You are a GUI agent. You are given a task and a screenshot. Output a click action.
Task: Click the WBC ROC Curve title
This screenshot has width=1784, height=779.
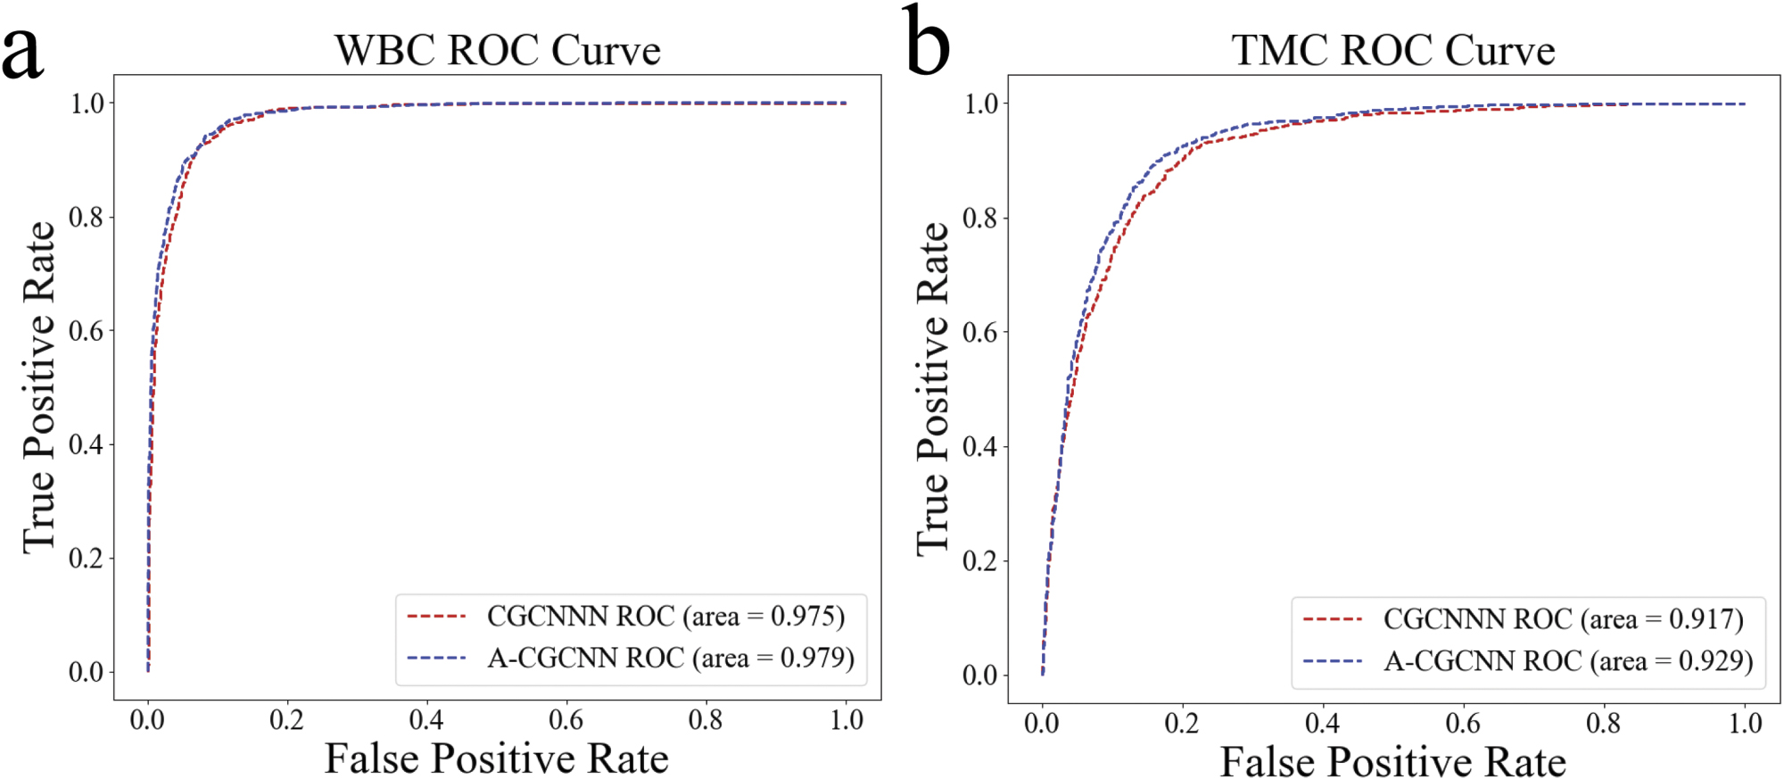498,50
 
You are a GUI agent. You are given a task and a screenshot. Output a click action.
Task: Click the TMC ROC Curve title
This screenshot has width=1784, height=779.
1393,50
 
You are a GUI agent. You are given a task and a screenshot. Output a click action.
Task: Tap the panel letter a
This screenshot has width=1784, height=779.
22,51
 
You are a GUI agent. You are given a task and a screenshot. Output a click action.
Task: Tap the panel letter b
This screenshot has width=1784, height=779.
927,42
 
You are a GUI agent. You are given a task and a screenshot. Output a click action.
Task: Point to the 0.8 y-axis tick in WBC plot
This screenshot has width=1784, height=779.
87,217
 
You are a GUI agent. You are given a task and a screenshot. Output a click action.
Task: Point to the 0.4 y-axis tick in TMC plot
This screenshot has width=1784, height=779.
980,446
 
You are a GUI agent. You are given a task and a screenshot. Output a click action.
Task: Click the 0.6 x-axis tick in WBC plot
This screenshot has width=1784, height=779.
566,720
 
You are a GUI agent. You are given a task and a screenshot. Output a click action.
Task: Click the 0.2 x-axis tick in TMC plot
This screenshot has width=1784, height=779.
1182,723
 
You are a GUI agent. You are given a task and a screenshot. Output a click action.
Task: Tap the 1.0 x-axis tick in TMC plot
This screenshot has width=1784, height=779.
1745,723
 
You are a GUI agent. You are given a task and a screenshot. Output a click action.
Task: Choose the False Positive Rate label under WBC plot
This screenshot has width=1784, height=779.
496,759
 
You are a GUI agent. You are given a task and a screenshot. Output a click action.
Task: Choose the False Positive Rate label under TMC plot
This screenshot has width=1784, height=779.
1392,762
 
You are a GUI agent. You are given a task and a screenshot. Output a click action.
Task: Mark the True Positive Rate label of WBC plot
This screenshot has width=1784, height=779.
39,387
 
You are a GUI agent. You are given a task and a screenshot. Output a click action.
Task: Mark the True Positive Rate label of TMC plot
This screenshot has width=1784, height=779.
933,389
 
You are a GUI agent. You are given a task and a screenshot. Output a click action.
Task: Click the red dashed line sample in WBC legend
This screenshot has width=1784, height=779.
437,617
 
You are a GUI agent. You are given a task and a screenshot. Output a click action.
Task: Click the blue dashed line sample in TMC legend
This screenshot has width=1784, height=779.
1333,661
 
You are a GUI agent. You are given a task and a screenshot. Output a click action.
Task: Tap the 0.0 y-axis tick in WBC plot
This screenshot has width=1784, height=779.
87,672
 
